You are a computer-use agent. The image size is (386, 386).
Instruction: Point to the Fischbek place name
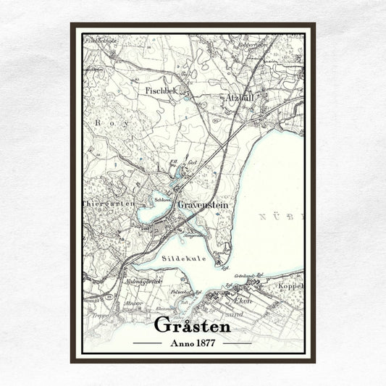(161, 91)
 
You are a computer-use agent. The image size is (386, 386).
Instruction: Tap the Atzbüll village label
(234, 96)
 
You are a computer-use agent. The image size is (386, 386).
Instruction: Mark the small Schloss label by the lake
(162, 199)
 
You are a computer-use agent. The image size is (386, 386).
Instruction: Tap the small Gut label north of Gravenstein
(193, 164)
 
